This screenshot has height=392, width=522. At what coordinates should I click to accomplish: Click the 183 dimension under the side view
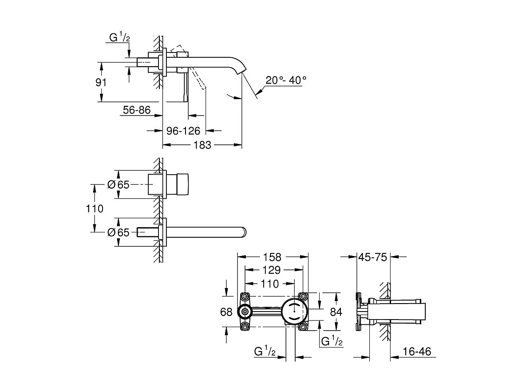tap(202, 145)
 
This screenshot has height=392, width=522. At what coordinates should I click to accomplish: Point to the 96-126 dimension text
tap(183, 131)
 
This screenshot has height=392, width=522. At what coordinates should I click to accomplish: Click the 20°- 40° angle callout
tap(286, 80)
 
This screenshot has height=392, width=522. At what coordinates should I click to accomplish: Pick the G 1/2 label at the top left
tap(120, 39)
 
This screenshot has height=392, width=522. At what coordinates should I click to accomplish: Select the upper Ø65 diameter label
tap(119, 184)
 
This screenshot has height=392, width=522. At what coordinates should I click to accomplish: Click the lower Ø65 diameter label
tap(119, 232)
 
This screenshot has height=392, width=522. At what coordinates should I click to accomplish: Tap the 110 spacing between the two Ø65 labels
tap(94, 208)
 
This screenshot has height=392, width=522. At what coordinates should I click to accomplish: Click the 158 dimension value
tap(273, 257)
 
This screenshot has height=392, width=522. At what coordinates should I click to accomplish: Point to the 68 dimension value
tap(226, 312)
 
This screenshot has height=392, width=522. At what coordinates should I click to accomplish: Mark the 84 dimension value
tap(336, 312)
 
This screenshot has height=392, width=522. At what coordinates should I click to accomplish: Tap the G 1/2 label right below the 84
tap(331, 341)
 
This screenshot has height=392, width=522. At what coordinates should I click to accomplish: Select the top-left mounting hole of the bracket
tap(245, 296)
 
